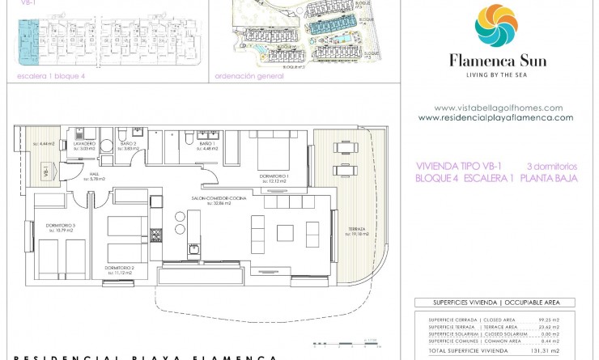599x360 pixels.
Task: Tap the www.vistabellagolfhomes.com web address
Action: (x=498, y=108)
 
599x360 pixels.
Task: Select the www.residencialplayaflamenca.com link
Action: (x=495, y=117)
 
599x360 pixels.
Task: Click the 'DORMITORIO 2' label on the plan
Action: (x=119, y=268)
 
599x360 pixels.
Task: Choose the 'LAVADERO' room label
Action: (x=85, y=143)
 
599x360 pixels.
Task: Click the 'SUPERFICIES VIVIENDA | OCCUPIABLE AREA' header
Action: (x=494, y=303)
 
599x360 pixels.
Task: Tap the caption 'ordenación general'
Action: (x=249, y=76)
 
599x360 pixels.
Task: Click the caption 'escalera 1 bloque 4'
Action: (x=45, y=76)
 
